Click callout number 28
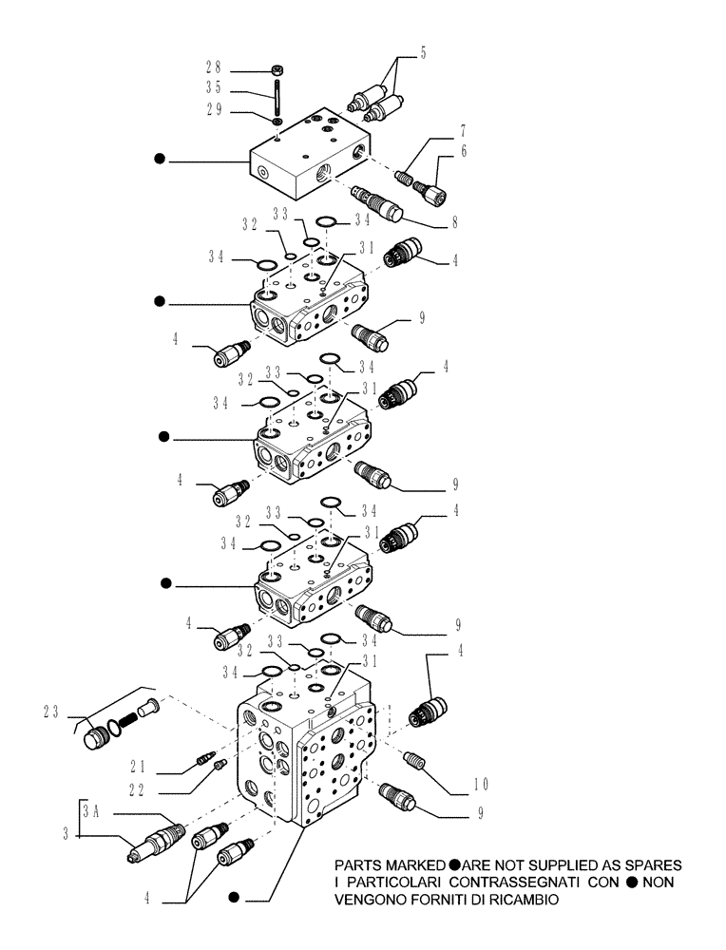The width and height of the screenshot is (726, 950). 214,68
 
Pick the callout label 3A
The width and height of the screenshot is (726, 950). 92,810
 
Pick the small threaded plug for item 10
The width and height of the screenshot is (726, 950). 414,759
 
